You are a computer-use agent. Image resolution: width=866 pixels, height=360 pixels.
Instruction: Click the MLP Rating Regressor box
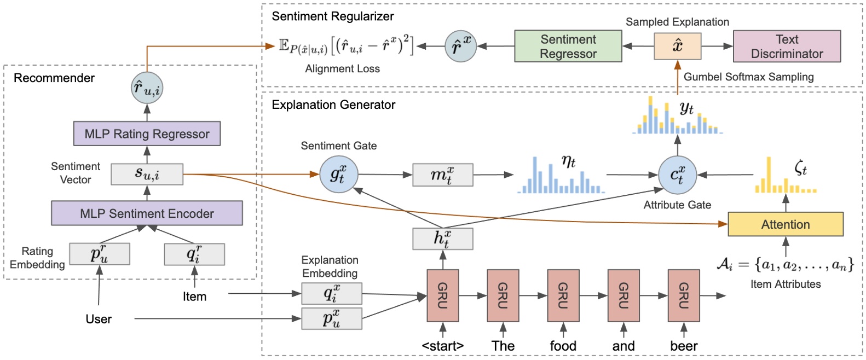[x=147, y=133]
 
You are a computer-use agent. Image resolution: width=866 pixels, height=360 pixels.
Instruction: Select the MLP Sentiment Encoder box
[x=147, y=213]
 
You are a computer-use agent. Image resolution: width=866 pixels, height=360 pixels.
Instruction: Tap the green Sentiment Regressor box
[x=568, y=47]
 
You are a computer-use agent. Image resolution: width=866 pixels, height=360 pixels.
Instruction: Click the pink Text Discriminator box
[x=787, y=47]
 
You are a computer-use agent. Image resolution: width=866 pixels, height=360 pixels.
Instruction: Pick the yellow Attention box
[x=785, y=224]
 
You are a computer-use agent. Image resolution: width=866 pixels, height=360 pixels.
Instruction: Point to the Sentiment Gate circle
[x=337, y=175]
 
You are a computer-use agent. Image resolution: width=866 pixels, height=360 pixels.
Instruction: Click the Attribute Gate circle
[x=677, y=175]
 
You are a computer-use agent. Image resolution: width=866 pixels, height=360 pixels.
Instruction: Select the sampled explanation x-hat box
[x=677, y=46]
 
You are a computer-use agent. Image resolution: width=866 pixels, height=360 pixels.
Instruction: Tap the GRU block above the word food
[x=563, y=295]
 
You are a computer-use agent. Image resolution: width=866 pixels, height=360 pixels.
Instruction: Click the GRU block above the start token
[x=442, y=295]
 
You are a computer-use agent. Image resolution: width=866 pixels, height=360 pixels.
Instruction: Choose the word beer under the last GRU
[x=684, y=346]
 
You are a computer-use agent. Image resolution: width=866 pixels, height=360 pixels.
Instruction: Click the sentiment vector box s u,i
[x=147, y=174]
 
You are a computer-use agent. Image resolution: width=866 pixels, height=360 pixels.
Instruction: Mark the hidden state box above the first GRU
[x=442, y=239]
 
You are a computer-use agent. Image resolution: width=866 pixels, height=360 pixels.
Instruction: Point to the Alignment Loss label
[x=342, y=69]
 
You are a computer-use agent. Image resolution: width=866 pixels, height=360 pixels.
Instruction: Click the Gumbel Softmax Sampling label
[x=748, y=77]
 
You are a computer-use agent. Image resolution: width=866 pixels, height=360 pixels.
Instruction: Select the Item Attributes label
[x=785, y=284]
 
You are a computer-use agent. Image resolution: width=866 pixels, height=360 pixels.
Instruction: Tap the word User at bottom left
[x=99, y=319]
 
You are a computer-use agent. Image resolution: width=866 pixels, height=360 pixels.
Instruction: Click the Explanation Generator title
[x=333, y=105]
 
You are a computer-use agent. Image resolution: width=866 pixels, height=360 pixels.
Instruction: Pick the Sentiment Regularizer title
[x=332, y=16]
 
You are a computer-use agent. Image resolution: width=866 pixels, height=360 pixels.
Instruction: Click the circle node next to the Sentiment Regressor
[x=460, y=46]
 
